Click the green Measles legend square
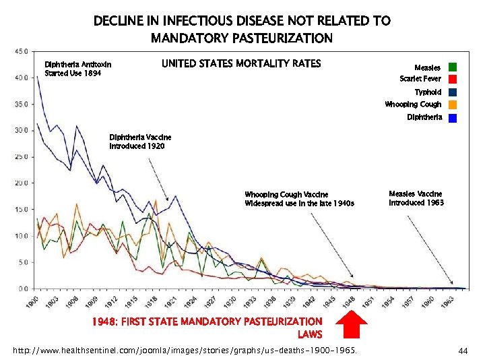click(x=453, y=67)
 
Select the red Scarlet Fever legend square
click(x=453, y=79)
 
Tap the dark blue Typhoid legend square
click(x=453, y=92)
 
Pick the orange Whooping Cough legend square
click(x=453, y=104)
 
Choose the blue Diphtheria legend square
click(x=453, y=118)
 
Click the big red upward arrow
click(x=351, y=325)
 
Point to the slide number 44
click(x=463, y=351)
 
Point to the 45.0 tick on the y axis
click(x=22, y=51)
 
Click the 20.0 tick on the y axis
click(x=22, y=183)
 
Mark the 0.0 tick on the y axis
click(x=23, y=289)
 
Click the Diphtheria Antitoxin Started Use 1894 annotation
click(x=77, y=69)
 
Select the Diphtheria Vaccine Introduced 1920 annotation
click(x=137, y=142)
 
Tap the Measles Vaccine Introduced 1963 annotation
click(x=416, y=198)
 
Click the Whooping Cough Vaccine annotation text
click(x=299, y=199)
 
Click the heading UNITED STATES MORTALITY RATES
click(x=241, y=64)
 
